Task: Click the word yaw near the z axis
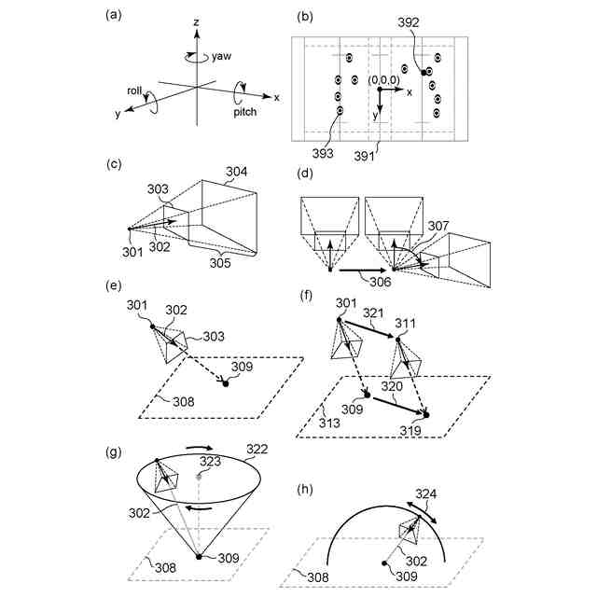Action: (x=221, y=55)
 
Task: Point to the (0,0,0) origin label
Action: (x=385, y=81)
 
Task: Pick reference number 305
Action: (x=221, y=264)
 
